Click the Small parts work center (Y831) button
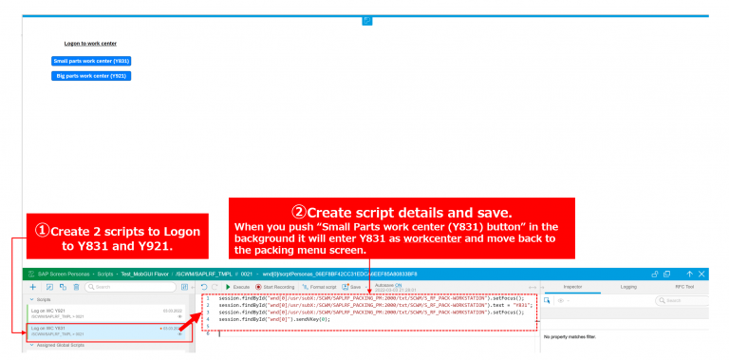(x=91, y=61)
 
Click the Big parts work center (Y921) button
(x=91, y=75)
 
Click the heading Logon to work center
(x=90, y=43)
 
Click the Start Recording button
(x=274, y=286)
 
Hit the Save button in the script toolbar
(x=351, y=286)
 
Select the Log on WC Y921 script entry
(x=104, y=313)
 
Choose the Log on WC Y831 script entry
(x=104, y=331)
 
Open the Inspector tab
(x=572, y=286)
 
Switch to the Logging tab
(x=628, y=286)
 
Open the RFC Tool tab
(x=684, y=286)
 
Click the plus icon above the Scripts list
(x=34, y=286)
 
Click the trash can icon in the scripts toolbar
(x=75, y=286)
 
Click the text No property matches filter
(x=576, y=337)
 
